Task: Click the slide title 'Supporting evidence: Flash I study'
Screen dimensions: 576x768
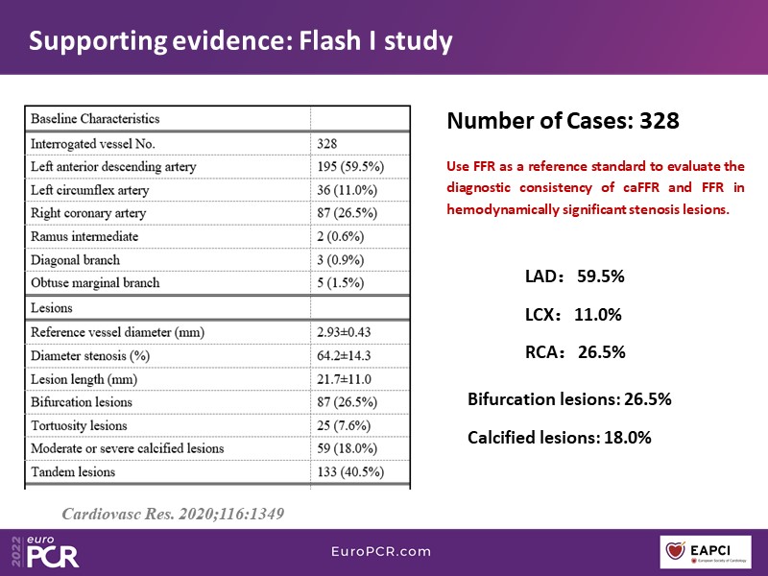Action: [x=240, y=41]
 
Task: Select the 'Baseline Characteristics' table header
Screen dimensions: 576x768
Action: [x=95, y=119]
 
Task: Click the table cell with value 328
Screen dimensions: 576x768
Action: [x=327, y=143]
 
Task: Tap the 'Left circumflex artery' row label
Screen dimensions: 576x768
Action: [x=91, y=190]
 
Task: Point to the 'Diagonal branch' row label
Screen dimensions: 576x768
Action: [x=77, y=260]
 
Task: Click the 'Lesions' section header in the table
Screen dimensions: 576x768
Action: [x=52, y=308]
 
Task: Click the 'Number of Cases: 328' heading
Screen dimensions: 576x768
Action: [x=564, y=121]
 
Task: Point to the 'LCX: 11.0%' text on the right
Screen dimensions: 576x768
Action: [x=573, y=314]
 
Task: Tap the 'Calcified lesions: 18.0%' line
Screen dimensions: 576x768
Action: [x=560, y=437]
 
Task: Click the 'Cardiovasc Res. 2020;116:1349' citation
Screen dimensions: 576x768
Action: [x=173, y=514]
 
